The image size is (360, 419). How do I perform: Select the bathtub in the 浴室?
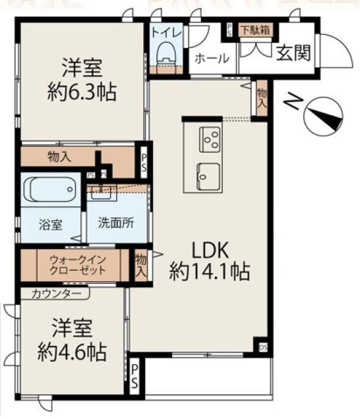tap(50, 190)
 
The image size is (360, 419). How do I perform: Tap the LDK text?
tap(210, 250)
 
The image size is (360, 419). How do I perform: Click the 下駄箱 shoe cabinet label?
tap(253, 30)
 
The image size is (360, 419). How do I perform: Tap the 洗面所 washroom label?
tap(115, 223)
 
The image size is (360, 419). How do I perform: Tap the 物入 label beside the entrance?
tap(262, 99)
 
